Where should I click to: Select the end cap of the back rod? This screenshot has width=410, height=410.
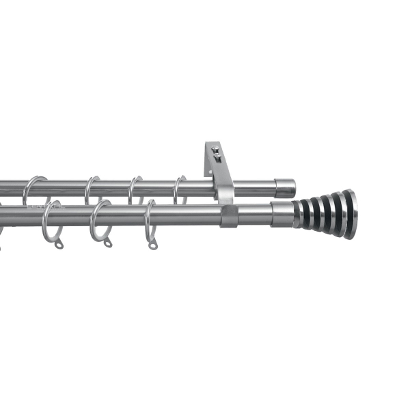point(286,188)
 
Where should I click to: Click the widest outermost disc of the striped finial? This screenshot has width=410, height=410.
point(350,214)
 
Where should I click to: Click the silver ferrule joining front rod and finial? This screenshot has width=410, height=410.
point(282,214)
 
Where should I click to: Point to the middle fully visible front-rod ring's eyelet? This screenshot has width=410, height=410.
point(107,243)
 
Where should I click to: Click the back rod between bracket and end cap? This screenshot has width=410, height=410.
point(253,188)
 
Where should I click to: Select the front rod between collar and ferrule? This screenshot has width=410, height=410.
point(254,215)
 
